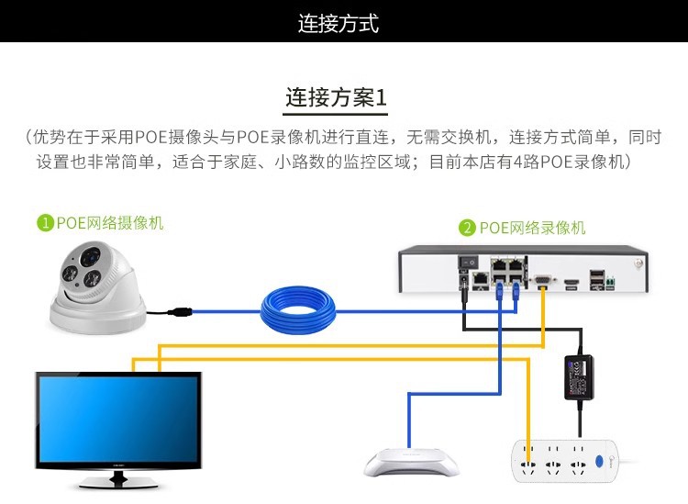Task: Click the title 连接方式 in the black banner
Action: (x=338, y=23)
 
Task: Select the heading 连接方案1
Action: (x=336, y=97)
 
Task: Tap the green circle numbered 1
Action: (x=45, y=223)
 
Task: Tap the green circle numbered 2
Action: (x=467, y=228)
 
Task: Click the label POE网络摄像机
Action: (x=110, y=223)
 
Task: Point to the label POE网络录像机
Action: (x=532, y=228)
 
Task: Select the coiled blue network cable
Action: (x=297, y=311)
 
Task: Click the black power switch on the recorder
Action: (x=469, y=263)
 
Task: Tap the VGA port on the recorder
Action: (x=543, y=282)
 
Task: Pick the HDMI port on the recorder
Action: (x=571, y=282)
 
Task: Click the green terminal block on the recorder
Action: (x=610, y=283)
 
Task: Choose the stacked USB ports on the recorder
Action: (x=597, y=280)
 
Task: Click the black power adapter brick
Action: (x=579, y=377)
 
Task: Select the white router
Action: (x=411, y=463)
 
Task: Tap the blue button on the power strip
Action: (x=599, y=461)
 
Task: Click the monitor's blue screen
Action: (x=118, y=420)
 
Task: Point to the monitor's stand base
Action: (x=118, y=482)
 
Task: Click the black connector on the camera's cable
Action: (x=180, y=312)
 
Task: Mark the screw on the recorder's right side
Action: (x=638, y=263)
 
